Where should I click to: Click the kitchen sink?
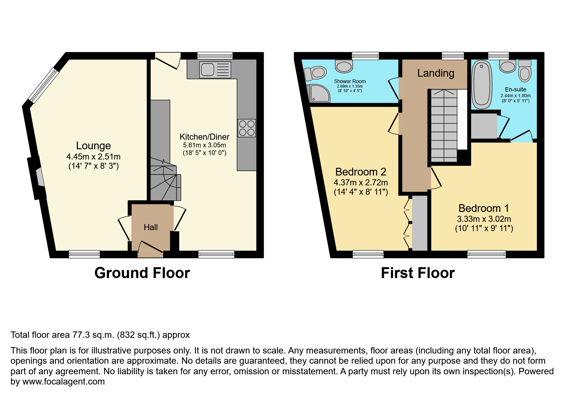point(215,70)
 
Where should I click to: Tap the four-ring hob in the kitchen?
point(247,128)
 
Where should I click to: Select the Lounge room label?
point(93,146)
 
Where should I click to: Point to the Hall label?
point(151,227)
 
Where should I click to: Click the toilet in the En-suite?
point(524,71)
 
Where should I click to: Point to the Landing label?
point(436,73)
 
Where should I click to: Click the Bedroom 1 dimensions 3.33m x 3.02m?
point(484,219)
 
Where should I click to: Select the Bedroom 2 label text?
point(361,172)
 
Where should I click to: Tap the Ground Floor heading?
point(142,273)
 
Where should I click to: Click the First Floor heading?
point(417,273)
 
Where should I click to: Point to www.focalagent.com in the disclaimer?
point(63,382)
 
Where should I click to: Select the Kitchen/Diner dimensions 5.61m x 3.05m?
point(204,145)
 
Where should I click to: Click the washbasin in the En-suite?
point(508,66)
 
